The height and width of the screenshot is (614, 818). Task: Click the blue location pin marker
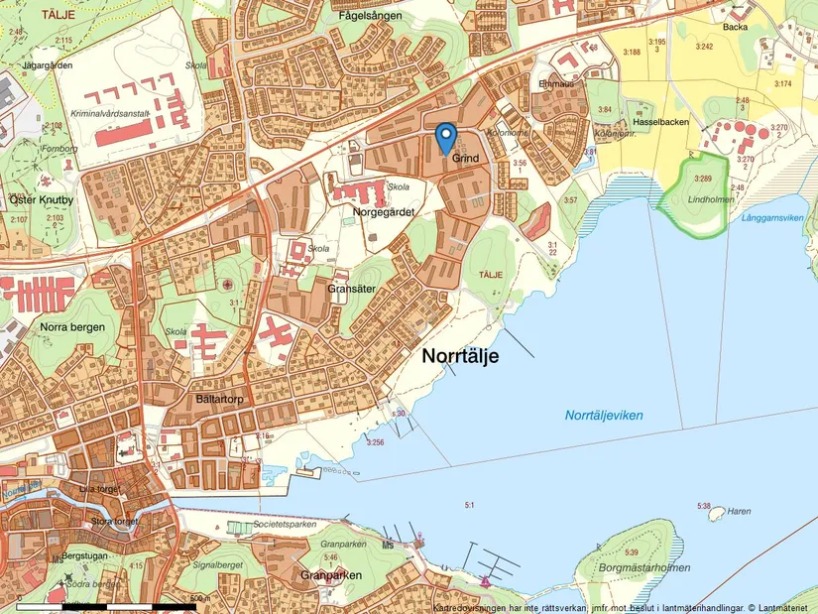pyautogui.click(x=445, y=137)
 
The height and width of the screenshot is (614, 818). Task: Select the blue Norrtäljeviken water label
pyautogui.click(x=604, y=416)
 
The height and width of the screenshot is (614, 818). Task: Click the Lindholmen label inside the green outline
pyautogui.click(x=708, y=199)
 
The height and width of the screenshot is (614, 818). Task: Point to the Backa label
pyautogui.click(x=735, y=29)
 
